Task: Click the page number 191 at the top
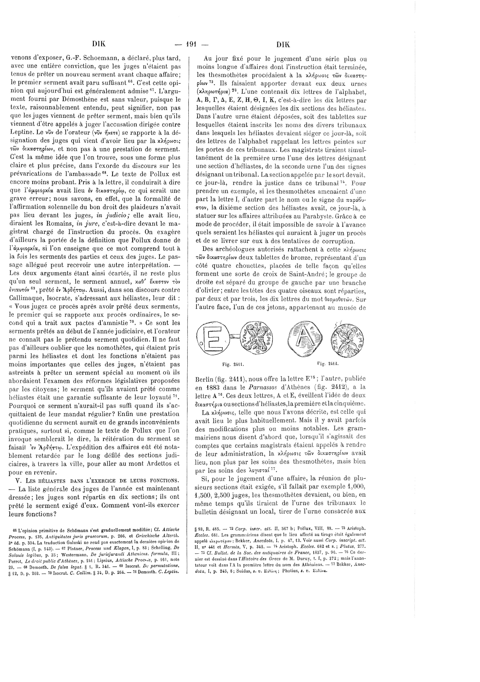(191, 45)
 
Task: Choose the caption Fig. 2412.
(328, 363)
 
